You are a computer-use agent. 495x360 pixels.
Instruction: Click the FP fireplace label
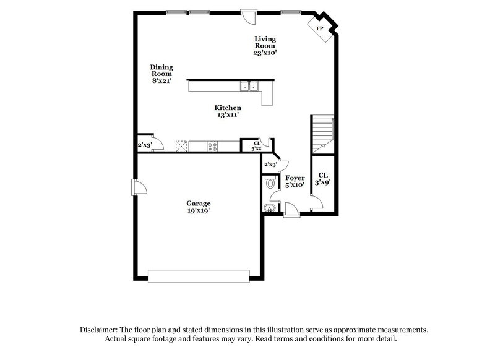[320, 28]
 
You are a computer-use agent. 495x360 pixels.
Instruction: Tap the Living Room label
[265, 46]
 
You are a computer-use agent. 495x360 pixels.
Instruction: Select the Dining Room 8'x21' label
[161, 74]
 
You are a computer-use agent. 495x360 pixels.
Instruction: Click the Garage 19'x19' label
[199, 207]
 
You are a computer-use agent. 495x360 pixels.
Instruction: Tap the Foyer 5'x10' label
[295, 181]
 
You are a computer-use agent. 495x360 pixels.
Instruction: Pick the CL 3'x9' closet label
[322, 179]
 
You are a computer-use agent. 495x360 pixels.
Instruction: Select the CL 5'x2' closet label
[256, 146]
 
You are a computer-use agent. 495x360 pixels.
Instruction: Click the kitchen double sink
[249, 87]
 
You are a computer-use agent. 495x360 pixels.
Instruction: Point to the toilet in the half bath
[269, 183]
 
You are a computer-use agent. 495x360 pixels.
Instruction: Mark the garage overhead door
[199, 275]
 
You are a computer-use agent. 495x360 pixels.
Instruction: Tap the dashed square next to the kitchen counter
[181, 146]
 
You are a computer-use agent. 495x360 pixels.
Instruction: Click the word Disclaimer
[100, 330]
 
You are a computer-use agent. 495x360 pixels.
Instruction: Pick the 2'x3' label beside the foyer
[270, 165]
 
